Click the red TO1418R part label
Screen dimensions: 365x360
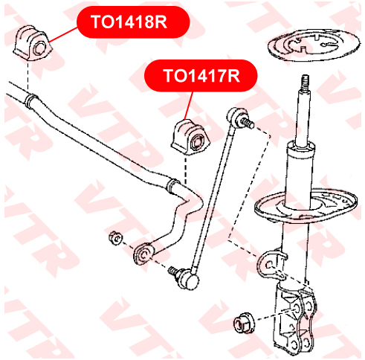tap(133, 22)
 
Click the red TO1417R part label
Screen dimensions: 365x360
tap(201, 76)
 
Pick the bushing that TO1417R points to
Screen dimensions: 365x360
tap(191, 137)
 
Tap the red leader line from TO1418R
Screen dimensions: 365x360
tap(63, 34)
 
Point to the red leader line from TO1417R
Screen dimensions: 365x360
tap(189, 106)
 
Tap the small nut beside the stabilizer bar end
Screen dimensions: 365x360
tap(115, 238)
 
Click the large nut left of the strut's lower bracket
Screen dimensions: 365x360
tap(244, 322)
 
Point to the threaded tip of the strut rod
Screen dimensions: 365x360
tap(305, 83)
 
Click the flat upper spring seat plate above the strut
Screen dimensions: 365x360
tap(314, 46)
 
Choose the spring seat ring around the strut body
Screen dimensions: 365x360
tap(306, 208)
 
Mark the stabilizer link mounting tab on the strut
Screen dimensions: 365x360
tap(271, 265)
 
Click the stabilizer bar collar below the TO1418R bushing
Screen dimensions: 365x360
tap(31, 101)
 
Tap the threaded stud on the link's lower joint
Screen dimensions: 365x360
tap(173, 271)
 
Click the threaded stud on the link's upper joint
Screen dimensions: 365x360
tap(246, 122)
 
